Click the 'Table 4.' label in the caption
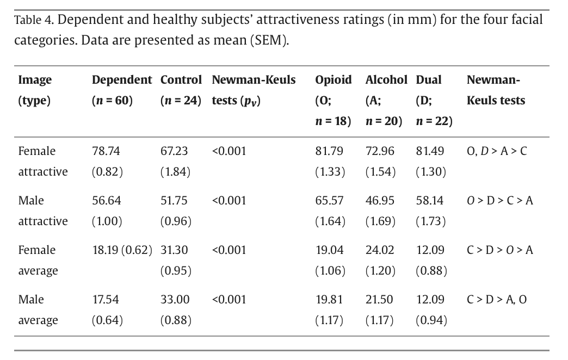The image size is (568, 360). pos(33,21)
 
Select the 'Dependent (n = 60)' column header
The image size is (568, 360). pos(122,90)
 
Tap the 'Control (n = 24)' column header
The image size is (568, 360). pos(181,90)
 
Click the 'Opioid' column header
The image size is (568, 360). pos(334,80)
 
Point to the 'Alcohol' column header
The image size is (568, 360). pos(386,80)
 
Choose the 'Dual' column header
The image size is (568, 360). pos(429,80)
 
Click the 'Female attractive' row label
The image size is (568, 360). pos(42,161)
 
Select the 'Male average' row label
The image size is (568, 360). pos(38,309)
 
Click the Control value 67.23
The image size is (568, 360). pos(174,151)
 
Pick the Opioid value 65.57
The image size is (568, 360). pos(329,201)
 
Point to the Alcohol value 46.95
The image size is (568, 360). pos(380,201)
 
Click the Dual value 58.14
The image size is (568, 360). pos(430,201)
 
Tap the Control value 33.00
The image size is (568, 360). pos(174,300)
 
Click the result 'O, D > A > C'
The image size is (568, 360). pos(497,151)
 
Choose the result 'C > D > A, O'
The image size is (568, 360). pos(497,300)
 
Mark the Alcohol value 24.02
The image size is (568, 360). pos(380,250)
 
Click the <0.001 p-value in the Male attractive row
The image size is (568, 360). pos(229,201)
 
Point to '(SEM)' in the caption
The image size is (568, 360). pos(268,41)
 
